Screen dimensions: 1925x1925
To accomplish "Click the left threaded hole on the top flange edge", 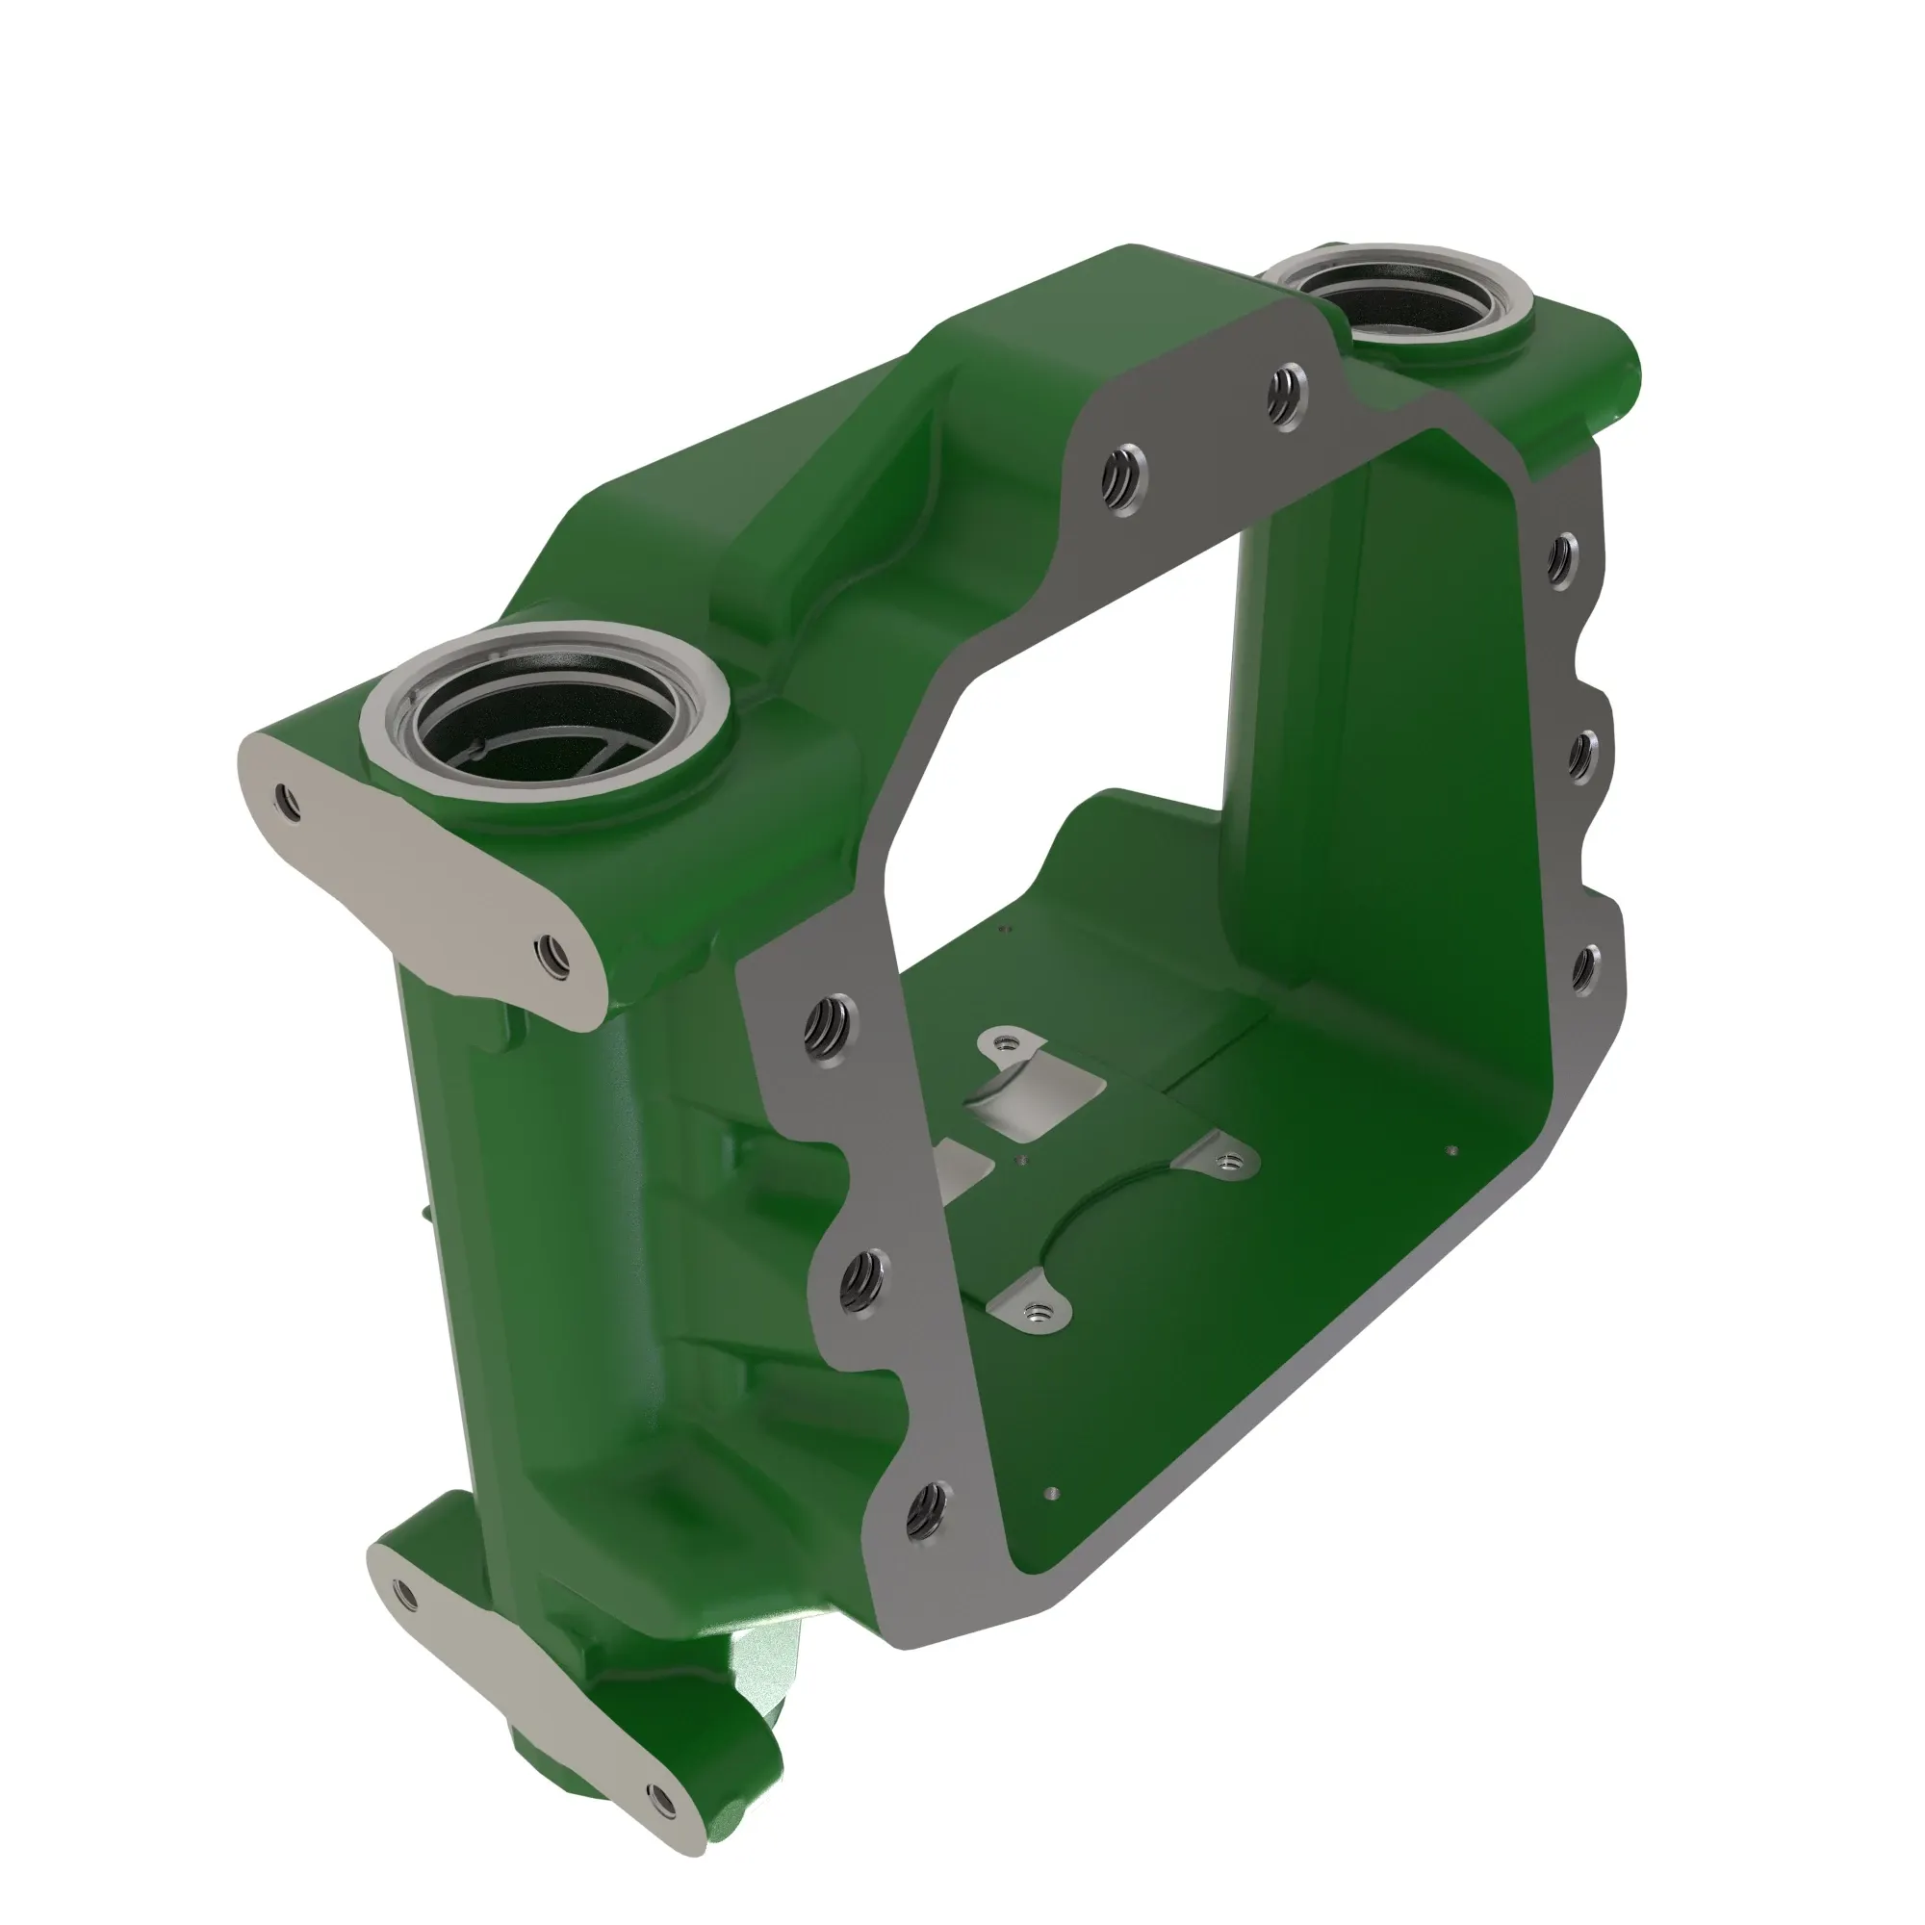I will click(x=1124, y=479).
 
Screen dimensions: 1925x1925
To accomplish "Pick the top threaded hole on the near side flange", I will click(x=831, y=1029).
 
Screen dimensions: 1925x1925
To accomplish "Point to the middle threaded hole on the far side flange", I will click(x=1580, y=757).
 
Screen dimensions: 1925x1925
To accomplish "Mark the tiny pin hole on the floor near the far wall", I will click(x=1451, y=1151).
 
